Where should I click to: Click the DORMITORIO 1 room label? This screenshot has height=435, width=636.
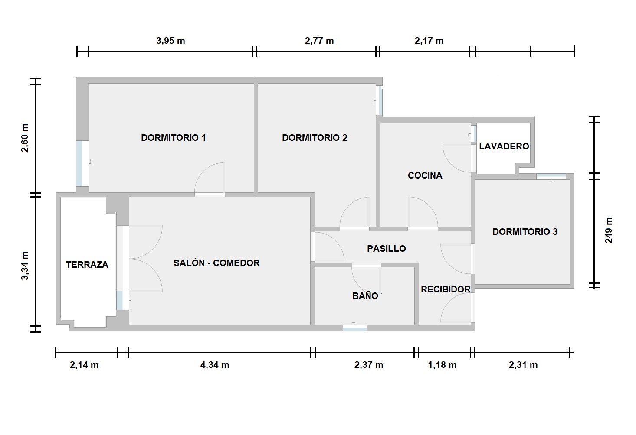coord(173,138)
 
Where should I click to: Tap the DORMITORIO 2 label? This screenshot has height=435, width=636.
coord(315,138)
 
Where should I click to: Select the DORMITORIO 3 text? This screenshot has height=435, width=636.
coord(525,232)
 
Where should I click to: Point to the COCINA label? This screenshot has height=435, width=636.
coord(425,175)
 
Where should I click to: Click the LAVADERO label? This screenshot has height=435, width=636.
coord(504,146)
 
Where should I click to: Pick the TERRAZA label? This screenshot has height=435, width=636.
coord(87,265)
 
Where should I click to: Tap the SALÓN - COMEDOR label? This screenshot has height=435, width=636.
coord(216,263)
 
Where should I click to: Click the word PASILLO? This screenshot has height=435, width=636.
coord(387,248)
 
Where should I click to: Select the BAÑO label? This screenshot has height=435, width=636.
coord(365,296)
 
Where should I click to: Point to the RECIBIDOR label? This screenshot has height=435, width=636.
coord(446,289)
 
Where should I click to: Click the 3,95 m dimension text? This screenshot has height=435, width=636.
coord(170,41)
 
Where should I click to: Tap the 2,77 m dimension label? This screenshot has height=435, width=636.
coord(319,41)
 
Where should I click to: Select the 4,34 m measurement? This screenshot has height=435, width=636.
coord(215,365)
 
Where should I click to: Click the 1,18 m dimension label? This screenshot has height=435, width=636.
coord(443,365)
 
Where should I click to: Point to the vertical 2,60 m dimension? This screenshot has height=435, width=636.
coord(25,138)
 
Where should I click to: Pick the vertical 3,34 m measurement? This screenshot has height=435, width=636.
coord(25,266)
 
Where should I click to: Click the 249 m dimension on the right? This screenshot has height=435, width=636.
coord(609,230)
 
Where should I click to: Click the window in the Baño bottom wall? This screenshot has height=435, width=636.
coord(355,328)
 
